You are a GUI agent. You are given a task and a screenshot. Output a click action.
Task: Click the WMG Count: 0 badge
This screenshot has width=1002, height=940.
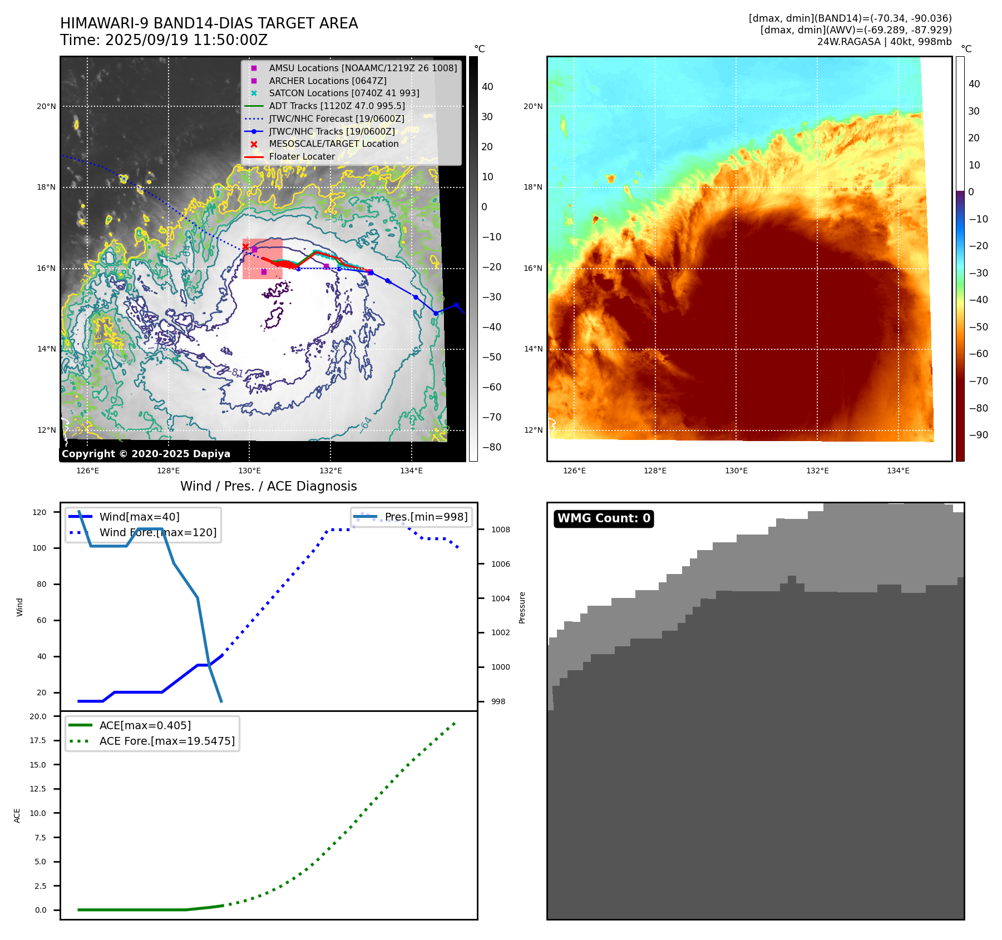pyautogui.click(x=604, y=518)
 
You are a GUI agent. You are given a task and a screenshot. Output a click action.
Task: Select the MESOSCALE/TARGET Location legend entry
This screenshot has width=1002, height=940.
pyautogui.click(x=333, y=144)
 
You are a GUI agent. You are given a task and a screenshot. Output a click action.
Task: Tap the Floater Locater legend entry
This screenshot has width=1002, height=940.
pyautogui.click(x=302, y=156)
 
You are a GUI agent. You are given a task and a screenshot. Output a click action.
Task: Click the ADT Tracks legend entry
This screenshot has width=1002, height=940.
pyautogui.click(x=337, y=106)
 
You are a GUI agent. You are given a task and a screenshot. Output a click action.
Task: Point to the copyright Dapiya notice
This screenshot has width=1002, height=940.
pyautogui.click(x=146, y=454)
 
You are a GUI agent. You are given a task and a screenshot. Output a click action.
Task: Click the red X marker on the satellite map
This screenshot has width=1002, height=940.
pyautogui.click(x=245, y=247)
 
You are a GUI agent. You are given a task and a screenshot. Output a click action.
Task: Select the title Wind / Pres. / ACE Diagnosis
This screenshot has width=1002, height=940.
pyautogui.click(x=268, y=486)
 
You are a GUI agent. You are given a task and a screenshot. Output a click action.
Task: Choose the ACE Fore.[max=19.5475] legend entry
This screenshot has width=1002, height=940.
pyautogui.click(x=167, y=741)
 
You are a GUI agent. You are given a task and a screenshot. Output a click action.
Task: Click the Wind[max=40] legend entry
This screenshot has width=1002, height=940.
pyautogui.click(x=139, y=517)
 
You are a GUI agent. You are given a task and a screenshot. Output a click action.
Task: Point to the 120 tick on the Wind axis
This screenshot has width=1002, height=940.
pyautogui.click(x=40, y=512)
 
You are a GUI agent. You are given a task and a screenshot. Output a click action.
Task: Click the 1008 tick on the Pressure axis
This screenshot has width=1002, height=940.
pyautogui.click(x=500, y=530)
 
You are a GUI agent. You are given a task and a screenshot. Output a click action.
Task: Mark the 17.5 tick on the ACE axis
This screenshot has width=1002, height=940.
pyautogui.click(x=38, y=740)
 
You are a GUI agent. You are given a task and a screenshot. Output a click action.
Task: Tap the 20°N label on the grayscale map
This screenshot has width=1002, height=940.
pyautogui.click(x=46, y=106)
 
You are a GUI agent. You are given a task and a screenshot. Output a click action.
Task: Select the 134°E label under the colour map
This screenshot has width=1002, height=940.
pyautogui.click(x=898, y=471)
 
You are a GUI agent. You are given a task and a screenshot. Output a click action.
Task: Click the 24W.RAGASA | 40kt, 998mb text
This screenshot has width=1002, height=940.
pyautogui.click(x=884, y=42)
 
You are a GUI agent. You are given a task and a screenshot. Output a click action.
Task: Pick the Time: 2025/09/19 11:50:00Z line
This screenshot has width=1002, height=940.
pyautogui.click(x=164, y=40)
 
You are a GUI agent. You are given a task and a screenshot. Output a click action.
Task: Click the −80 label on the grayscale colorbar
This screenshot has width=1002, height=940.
pyautogui.click(x=491, y=447)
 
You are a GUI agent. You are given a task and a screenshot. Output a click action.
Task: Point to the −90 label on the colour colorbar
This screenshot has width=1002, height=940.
pyautogui.click(x=978, y=435)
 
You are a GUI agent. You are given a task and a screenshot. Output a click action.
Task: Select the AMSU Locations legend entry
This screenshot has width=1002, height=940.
pyautogui.click(x=363, y=68)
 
